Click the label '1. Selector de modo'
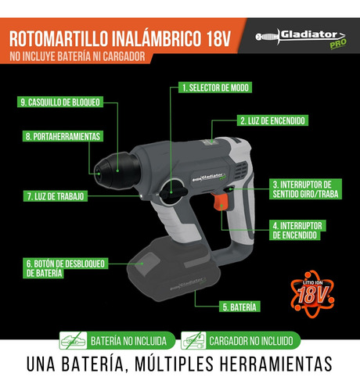[x=215, y=88]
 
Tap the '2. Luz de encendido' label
[x=272, y=120]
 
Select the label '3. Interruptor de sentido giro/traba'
[x=305, y=189]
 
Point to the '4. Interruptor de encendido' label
[x=297, y=230]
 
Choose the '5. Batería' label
[x=239, y=307]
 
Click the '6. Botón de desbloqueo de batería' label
[x=65, y=268]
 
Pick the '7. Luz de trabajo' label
[x=56, y=196]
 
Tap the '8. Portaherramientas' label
[x=63, y=136]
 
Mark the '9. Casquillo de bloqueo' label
[x=60, y=102]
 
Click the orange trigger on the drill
[x=221, y=202]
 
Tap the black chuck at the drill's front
[x=116, y=170]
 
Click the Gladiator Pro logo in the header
[x=301, y=38]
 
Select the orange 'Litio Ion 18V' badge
[x=312, y=294]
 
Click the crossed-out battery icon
[x=73, y=341]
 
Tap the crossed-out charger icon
[x=193, y=341]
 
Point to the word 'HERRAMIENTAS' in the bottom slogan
[x=276, y=364]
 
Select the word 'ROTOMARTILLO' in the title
[x=59, y=39]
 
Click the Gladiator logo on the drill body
[x=210, y=178]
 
